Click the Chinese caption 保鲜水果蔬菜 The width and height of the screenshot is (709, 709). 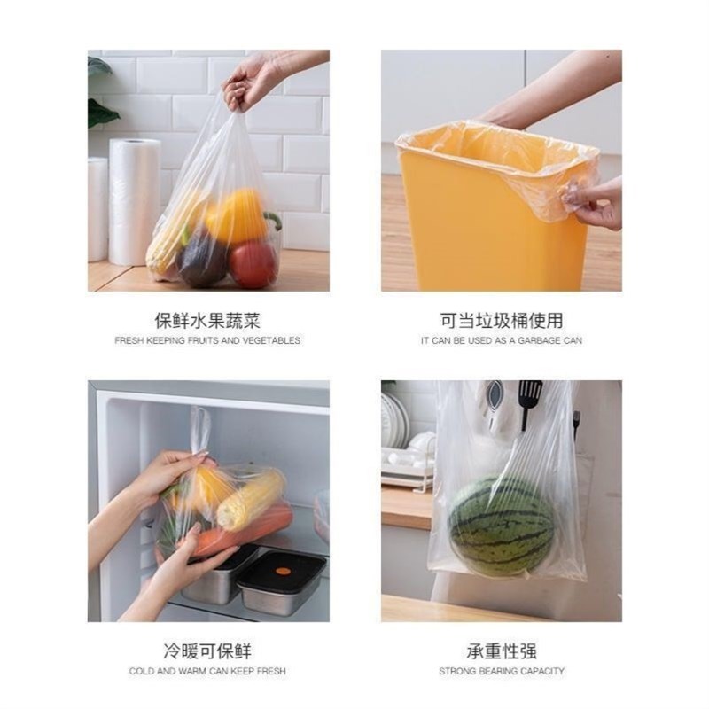pyautogui.click(x=207, y=321)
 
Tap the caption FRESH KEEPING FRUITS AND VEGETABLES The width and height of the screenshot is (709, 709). pyautogui.click(x=207, y=340)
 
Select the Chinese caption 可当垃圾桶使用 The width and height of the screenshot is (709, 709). pyautogui.click(x=502, y=321)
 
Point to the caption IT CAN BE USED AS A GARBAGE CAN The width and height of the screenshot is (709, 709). pyautogui.click(x=502, y=340)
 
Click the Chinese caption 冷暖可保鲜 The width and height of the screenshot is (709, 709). pyautogui.click(x=207, y=651)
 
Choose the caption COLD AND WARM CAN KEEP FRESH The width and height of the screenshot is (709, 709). pyautogui.click(x=207, y=671)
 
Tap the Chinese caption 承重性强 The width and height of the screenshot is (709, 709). pyautogui.click(x=502, y=651)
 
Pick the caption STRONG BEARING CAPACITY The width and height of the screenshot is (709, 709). pyautogui.click(x=502, y=671)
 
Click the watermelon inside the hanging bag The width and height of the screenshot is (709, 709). pyautogui.click(x=501, y=526)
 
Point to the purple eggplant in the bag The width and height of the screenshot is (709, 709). pyautogui.click(x=204, y=259)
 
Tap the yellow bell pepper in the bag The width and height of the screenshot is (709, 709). pyautogui.click(x=238, y=218)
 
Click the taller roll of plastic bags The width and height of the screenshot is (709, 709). pyautogui.click(x=135, y=202)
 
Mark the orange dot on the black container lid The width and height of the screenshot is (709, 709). pyautogui.click(x=283, y=571)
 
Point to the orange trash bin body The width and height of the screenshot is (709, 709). pyautogui.click(x=479, y=239)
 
